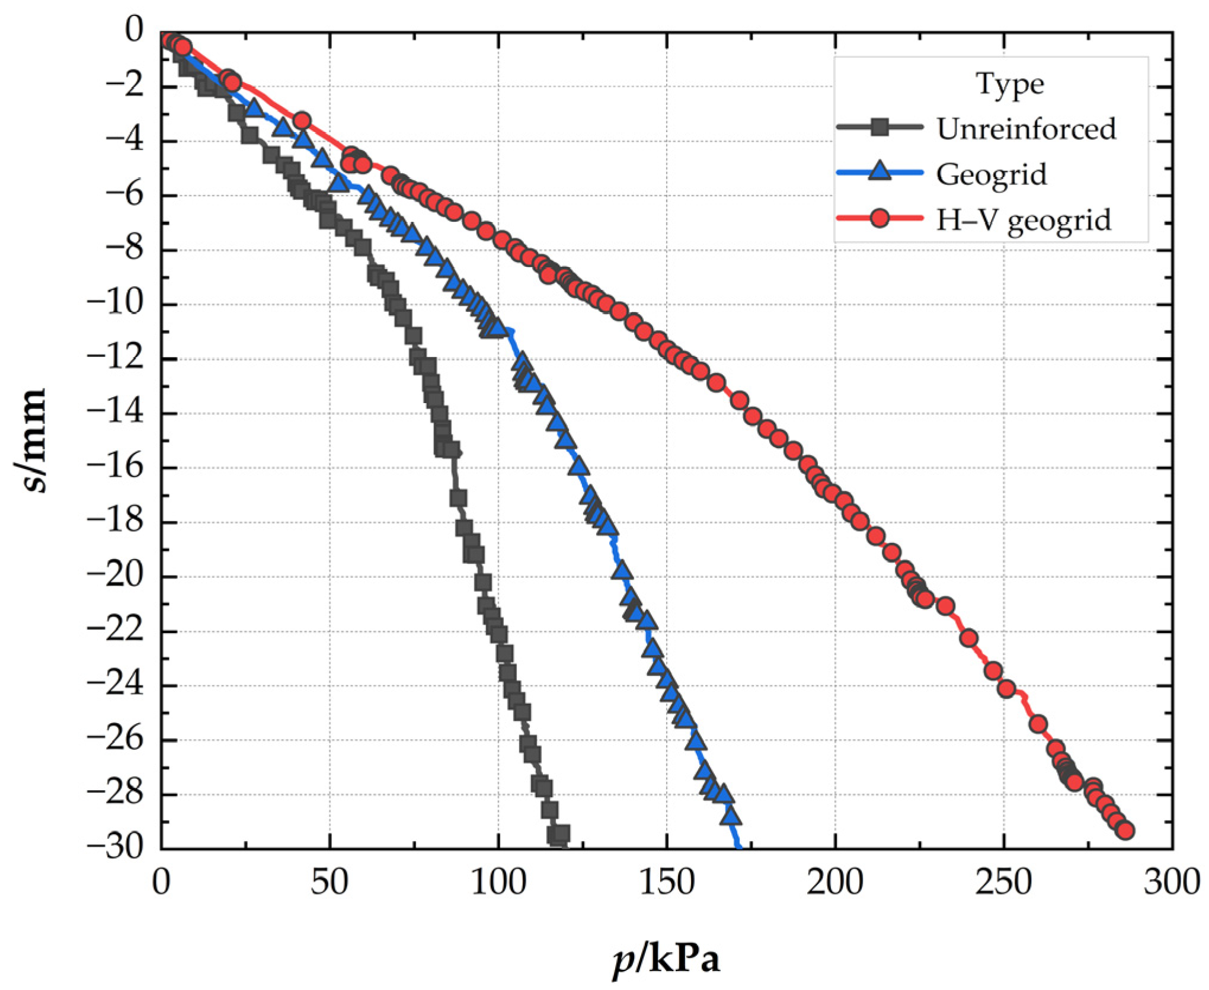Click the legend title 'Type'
tap(1010, 84)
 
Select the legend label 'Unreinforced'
tap(1026, 129)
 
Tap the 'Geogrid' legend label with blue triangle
tap(991, 174)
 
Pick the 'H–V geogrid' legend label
tap(1024, 220)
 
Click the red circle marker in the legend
tap(880, 218)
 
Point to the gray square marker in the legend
tap(880, 127)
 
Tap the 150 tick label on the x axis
tap(666, 883)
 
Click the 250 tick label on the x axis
tap(1003, 883)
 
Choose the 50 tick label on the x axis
tap(329, 883)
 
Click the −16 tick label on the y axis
tap(116, 468)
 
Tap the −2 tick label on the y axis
tap(124, 87)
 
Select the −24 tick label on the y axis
tap(116, 685)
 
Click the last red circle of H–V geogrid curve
tap(1125, 831)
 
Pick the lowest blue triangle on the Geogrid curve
tap(731, 817)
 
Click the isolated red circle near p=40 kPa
tap(302, 120)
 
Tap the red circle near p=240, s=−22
tap(968, 638)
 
